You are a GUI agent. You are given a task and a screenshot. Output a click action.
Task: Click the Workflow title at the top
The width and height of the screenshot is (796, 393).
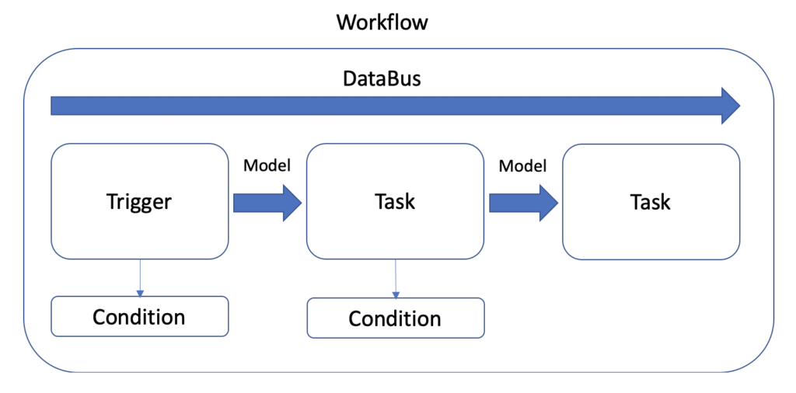click(x=382, y=23)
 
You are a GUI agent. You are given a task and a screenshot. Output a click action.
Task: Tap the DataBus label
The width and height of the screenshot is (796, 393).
click(x=382, y=78)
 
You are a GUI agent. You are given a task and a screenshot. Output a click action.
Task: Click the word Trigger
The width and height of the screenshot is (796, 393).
click(x=139, y=202)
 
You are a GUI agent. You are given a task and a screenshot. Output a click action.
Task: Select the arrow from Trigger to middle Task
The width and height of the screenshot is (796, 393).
click(x=267, y=203)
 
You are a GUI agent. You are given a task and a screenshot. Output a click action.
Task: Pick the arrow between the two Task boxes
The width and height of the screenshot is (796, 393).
click(x=523, y=203)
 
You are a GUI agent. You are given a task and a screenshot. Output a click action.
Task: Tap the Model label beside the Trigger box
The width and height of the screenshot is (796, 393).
click(x=267, y=165)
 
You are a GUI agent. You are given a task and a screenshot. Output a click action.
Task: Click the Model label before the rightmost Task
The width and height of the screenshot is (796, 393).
click(x=523, y=165)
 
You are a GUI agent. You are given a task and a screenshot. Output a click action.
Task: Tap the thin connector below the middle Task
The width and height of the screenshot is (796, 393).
click(x=396, y=279)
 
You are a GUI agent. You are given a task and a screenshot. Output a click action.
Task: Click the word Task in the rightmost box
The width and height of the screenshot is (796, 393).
click(x=651, y=202)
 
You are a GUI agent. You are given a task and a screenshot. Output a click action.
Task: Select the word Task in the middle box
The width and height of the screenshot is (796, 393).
click(x=395, y=201)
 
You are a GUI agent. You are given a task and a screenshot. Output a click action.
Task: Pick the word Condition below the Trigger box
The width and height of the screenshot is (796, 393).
click(x=138, y=317)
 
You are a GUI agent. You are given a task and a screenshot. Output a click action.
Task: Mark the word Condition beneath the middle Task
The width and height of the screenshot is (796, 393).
click(x=394, y=319)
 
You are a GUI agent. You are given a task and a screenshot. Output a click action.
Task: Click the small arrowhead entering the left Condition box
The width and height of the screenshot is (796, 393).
click(x=140, y=294)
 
